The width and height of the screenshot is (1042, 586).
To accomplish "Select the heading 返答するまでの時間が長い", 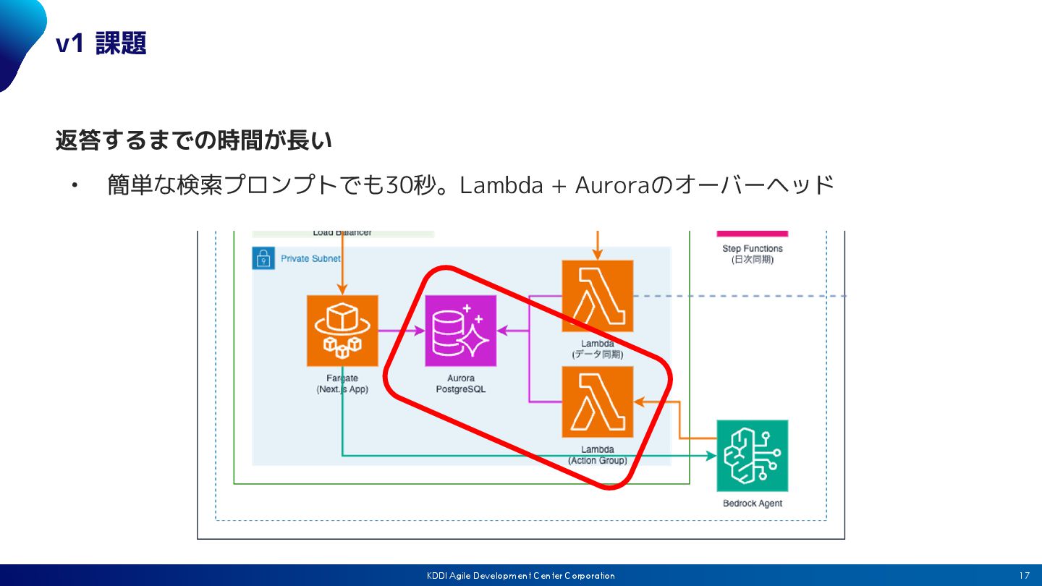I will click(193, 140).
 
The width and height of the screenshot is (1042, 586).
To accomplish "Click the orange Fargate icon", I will click(342, 331).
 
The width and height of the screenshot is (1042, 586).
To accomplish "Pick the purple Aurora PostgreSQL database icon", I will click(461, 331).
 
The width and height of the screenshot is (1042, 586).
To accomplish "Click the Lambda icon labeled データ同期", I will click(598, 296).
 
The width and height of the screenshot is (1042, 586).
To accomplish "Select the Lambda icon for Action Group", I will click(598, 402).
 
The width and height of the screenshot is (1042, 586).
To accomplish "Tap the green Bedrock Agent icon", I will click(752, 456).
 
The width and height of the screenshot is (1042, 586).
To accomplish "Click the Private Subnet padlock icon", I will click(263, 258).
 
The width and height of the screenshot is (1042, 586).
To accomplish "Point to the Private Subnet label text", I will click(310, 258).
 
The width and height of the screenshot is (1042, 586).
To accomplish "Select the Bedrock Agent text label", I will click(752, 504).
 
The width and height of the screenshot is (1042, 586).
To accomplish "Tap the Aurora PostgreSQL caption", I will click(461, 383).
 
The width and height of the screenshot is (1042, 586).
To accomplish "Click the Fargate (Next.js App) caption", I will click(342, 383).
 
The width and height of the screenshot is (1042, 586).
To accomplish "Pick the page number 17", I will click(1024, 576).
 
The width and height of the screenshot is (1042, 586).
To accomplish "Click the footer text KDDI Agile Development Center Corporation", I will click(520, 576).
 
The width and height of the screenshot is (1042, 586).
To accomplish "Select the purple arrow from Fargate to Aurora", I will click(402, 331).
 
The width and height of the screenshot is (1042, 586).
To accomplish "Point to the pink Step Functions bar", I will click(752, 234).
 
